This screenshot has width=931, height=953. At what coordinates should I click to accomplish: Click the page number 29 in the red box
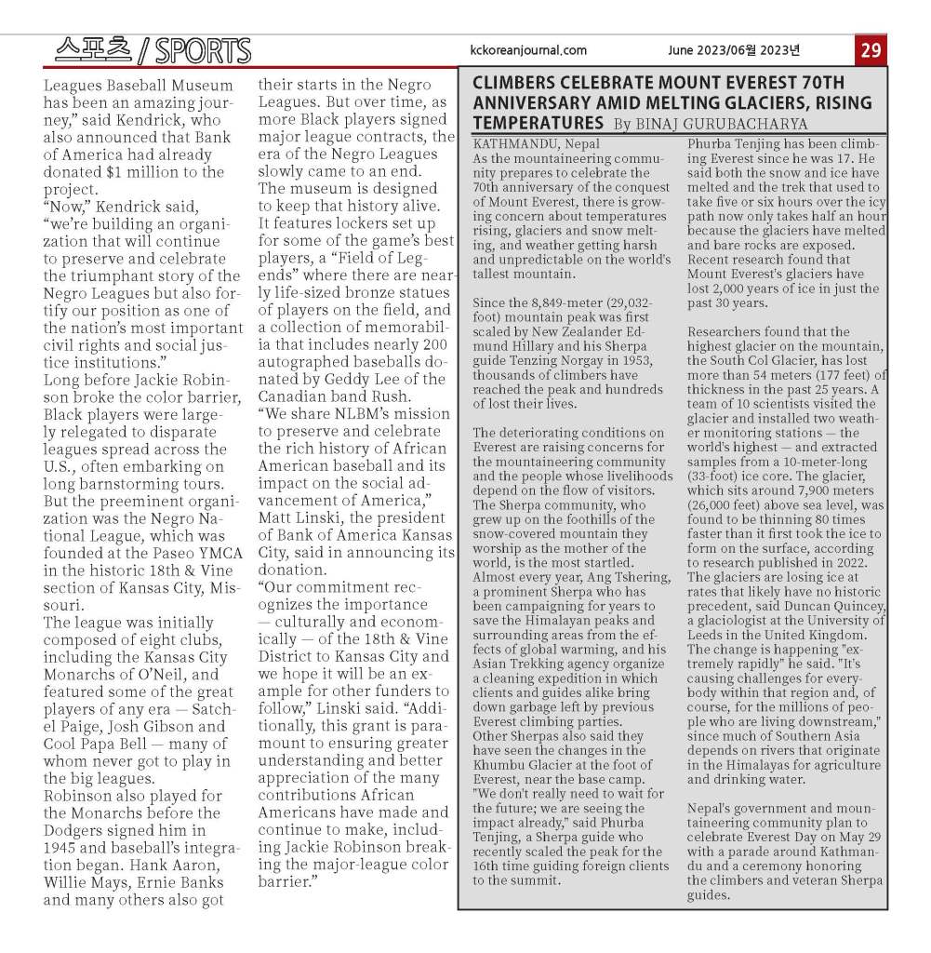click(871, 51)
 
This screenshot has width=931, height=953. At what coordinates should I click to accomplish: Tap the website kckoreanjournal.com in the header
click(528, 51)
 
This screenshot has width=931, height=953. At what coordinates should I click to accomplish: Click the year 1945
click(64, 849)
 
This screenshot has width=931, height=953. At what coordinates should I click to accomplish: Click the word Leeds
click(709, 636)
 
